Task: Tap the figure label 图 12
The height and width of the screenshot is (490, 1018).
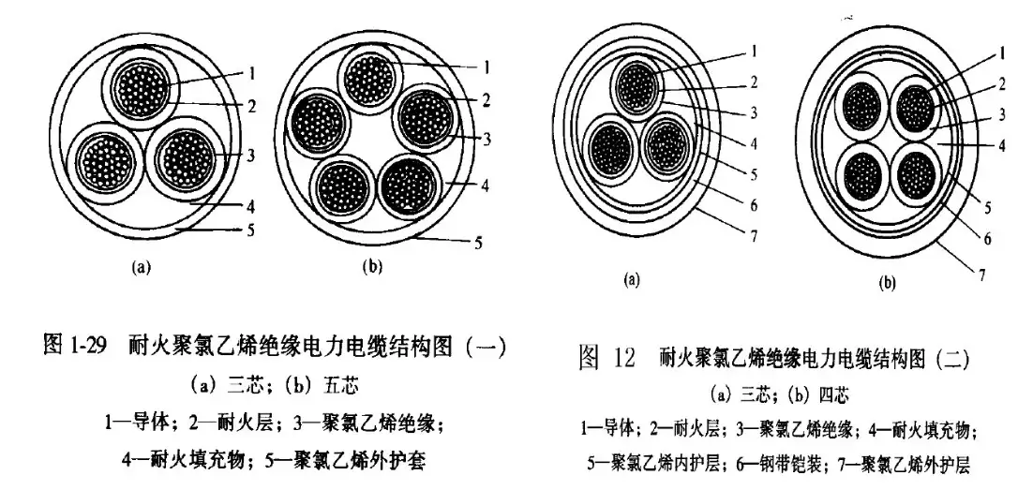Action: point(606,358)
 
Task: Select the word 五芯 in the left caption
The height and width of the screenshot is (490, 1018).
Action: point(340,385)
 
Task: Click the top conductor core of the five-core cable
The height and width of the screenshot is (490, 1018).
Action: point(368,80)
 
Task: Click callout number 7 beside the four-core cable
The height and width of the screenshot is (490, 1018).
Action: point(982,275)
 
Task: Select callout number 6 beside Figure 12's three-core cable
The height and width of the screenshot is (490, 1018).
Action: point(753,206)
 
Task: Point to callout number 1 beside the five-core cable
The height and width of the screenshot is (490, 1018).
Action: point(487,67)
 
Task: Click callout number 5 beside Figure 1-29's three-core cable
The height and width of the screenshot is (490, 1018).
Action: point(250,230)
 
